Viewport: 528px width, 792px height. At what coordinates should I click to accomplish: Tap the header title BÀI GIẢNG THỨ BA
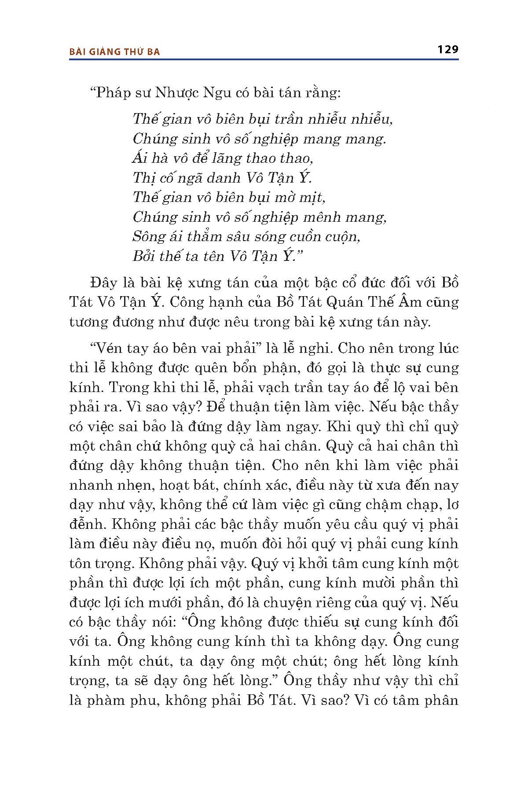(115, 52)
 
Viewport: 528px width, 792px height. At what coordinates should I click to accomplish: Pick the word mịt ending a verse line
(314, 197)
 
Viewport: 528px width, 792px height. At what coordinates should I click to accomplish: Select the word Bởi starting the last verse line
(144, 256)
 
